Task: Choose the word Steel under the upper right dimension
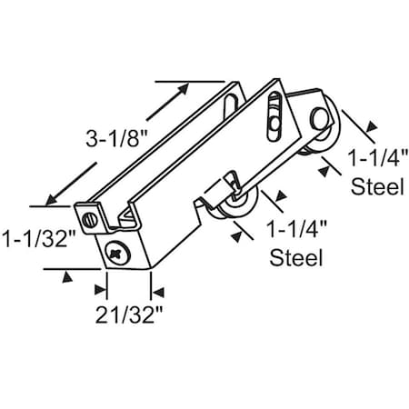pyautogui.click(x=377, y=189)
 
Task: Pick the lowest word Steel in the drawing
pyautogui.click(x=297, y=257)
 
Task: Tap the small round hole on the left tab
pyautogui.click(x=89, y=219)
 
